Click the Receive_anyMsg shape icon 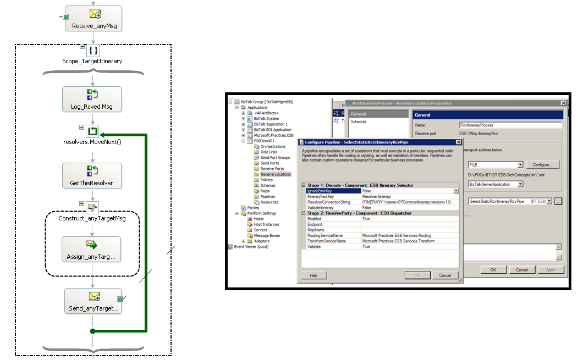pyautogui.click(x=95, y=15)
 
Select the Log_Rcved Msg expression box pyautogui.click(x=92, y=99)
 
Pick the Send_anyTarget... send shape pyautogui.click(x=92, y=301)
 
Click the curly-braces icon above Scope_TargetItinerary pyautogui.click(x=93, y=51)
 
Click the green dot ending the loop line pyautogui.click(x=92, y=331)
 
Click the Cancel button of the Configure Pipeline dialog pyautogui.click(x=445, y=275)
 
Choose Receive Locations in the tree pyautogui.click(x=276, y=174)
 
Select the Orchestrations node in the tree pyautogui.click(x=273, y=147)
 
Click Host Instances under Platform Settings pyautogui.click(x=266, y=224)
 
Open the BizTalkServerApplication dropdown pyautogui.click(x=520, y=184)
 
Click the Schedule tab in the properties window pyautogui.click(x=359, y=121)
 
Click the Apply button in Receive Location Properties pyautogui.click(x=551, y=270)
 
